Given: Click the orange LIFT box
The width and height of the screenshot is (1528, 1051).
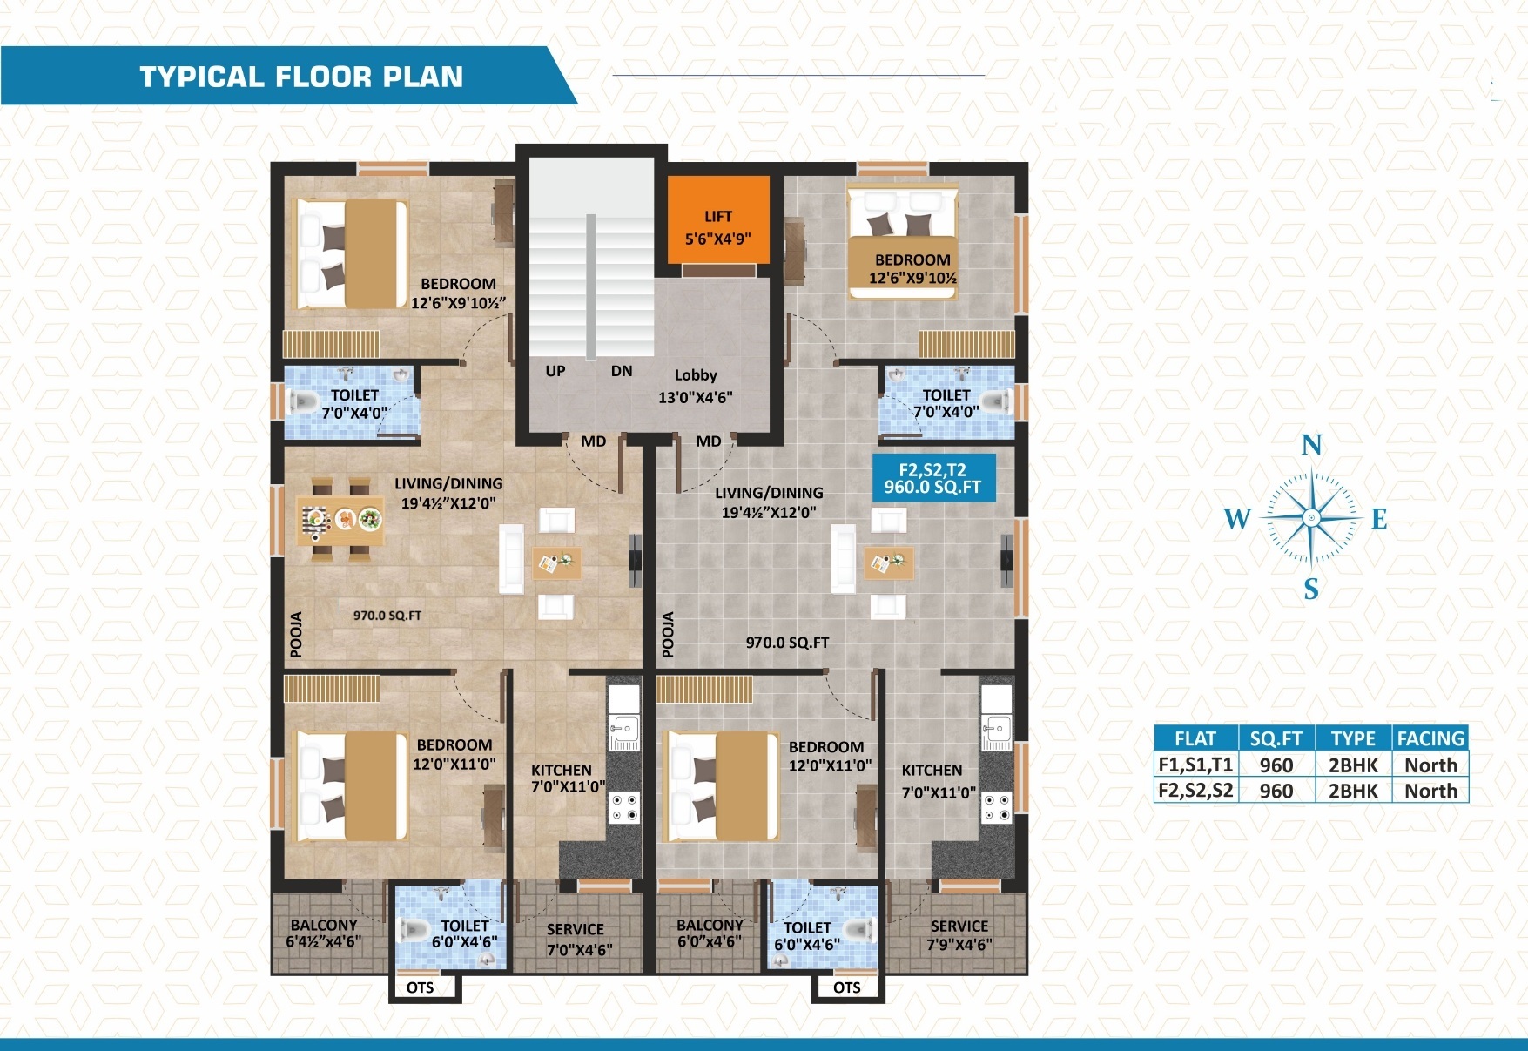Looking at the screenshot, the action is point(719,219).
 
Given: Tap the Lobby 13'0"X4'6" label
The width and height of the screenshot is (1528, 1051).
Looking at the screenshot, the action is point(696,386).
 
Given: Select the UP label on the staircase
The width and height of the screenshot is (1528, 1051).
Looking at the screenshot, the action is point(555,371).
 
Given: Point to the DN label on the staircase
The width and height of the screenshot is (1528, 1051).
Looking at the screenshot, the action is point(622,371).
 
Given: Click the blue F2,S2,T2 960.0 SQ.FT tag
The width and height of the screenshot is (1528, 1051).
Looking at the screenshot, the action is point(933,478).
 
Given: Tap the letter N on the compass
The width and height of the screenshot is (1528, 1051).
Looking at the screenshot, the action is point(1311,446).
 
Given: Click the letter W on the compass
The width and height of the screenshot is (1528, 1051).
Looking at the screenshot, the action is point(1237,519).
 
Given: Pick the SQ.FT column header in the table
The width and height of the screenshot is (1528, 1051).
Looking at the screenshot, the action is point(1276,738).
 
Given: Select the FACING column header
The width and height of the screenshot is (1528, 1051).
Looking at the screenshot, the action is point(1430,738).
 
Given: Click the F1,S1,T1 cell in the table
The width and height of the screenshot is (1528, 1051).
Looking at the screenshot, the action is point(1195,765).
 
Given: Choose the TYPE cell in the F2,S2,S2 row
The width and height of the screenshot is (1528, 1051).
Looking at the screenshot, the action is point(1353,791).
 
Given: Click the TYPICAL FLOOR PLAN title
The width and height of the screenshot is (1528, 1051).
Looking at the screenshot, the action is point(301,77).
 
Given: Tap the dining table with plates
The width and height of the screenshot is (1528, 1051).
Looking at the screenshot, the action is point(340,520).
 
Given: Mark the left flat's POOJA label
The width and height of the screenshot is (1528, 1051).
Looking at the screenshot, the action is point(296,634).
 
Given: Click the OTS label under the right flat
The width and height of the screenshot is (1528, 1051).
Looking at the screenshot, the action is point(847,987).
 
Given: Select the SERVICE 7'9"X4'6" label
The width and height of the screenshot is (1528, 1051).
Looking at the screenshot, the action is point(959,935).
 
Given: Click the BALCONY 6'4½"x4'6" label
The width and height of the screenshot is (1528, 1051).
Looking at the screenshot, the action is point(324,933).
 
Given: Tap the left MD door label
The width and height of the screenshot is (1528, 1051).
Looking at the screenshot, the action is point(594,441).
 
